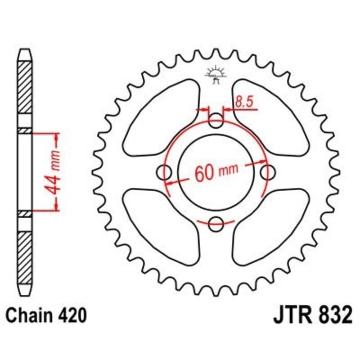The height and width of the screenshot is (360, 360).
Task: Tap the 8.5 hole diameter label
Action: tap(243, 102)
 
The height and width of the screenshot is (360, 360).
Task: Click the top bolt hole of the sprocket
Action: tap(216, 120)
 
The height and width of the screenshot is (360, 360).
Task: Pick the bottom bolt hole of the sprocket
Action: tap(216, 222)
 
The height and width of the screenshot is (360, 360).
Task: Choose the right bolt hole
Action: tap(268, 171)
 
